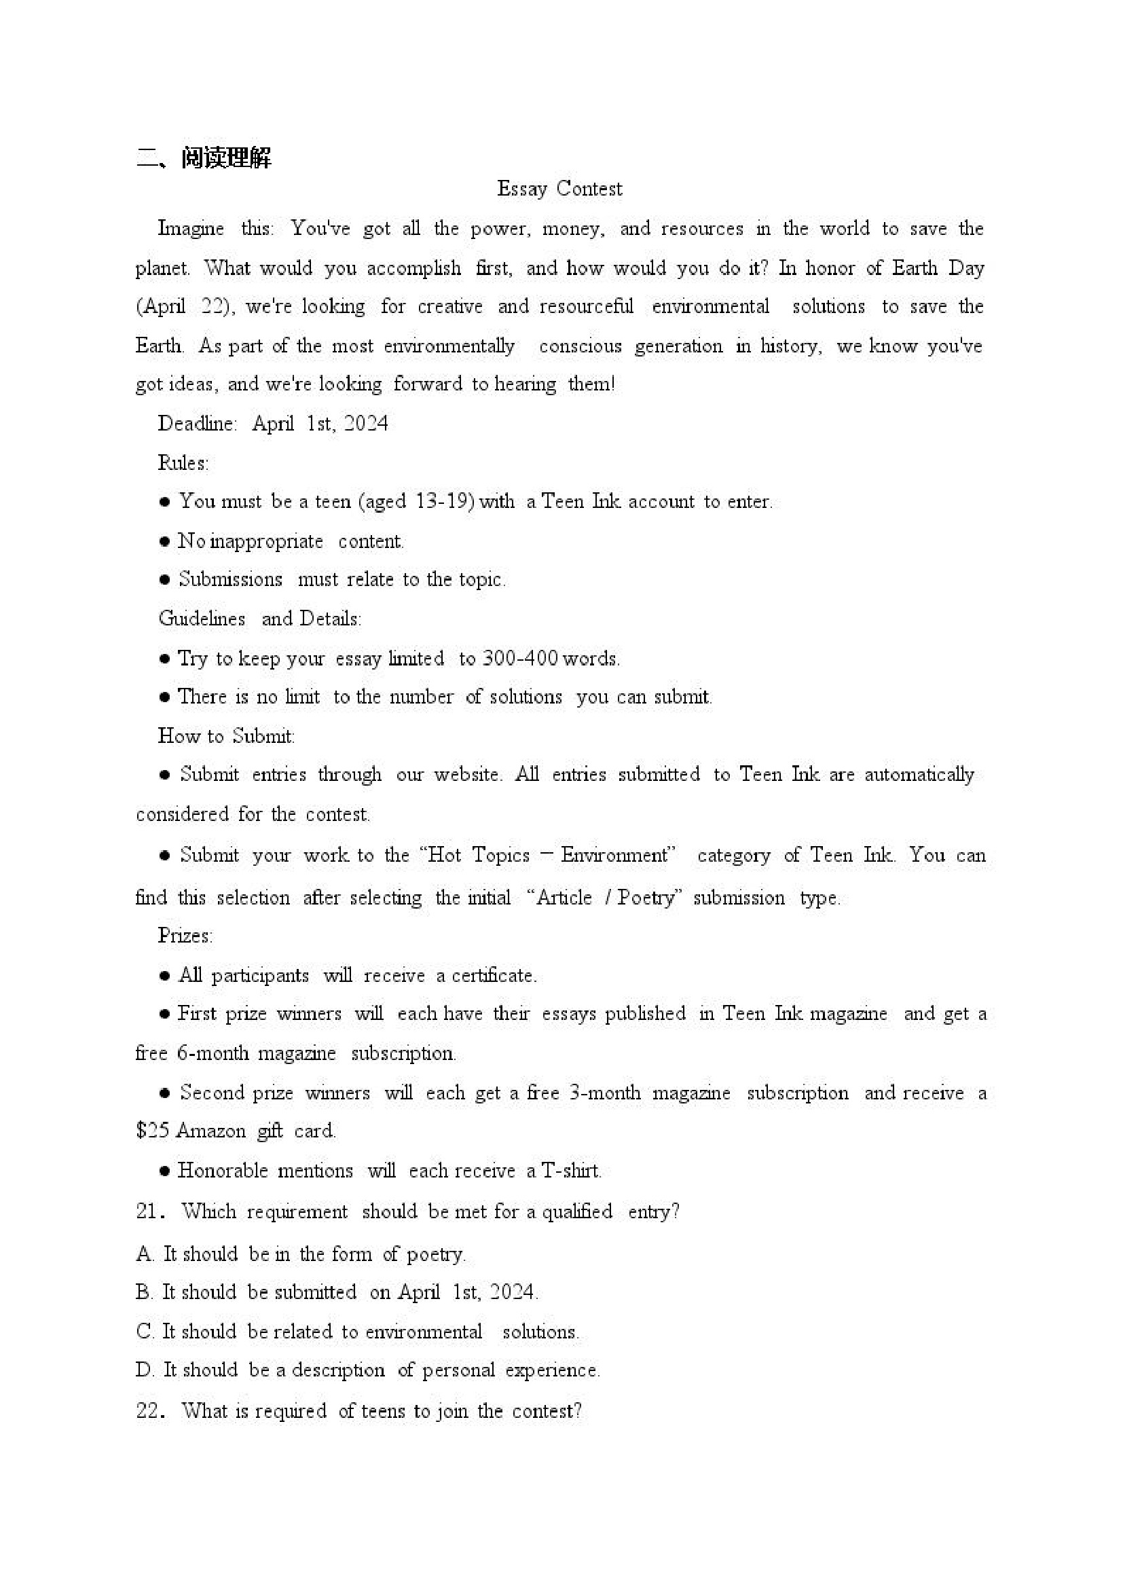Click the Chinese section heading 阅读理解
225,158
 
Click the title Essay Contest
559,189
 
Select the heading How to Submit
226,735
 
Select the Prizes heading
185,936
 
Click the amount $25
152,1131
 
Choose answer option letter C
145,1331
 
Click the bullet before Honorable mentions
165,1171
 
